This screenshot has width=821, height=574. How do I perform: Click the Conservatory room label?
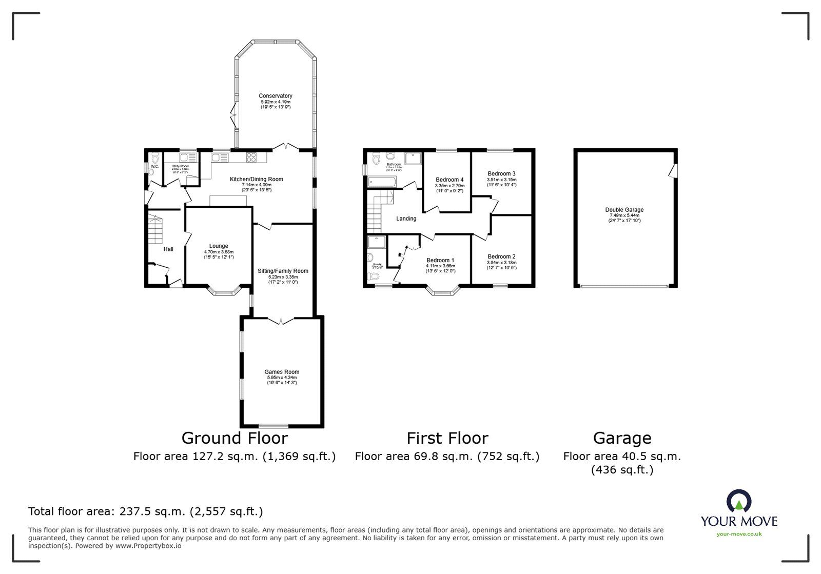(x=275, y=96)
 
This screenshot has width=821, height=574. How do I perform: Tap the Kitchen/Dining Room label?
(x=256, y=179)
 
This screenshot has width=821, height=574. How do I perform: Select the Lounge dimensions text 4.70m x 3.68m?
(x=219, y=252)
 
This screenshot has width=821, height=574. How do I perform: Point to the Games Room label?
(x=282, y=372)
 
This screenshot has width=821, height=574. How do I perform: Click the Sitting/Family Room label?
(x=283, y=271)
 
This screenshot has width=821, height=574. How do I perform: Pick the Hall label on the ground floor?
(x=168, y=249)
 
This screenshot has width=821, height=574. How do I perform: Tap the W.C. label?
(x=154, y=167)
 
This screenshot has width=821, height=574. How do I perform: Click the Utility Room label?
(x=180, y=166)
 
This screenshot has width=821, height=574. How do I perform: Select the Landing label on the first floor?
(x=406, y=219)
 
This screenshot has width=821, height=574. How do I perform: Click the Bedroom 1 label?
(x=440, y=260)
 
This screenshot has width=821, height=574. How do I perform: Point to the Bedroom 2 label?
(x=501, y=256)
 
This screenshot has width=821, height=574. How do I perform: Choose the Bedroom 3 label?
(x=501, y=173)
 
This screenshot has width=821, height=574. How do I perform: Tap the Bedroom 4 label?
(x=449, y=180)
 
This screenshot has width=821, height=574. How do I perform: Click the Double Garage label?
(x=624, y=210)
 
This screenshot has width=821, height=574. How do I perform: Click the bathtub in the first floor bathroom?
(x=382, y=181)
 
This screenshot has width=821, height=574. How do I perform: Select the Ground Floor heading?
(x=234, y=438)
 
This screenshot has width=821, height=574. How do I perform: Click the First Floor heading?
(x=447, y=438)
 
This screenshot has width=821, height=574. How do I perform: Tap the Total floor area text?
(x=145, y=511)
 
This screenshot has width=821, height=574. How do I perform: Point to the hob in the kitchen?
(x=251, y=157)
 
